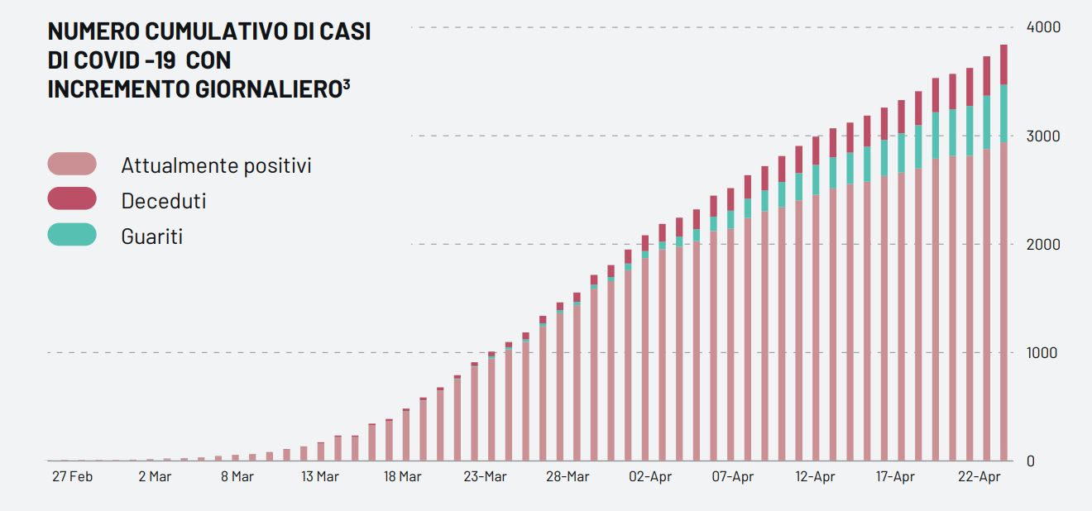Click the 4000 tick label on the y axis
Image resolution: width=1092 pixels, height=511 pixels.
pos(1043,27)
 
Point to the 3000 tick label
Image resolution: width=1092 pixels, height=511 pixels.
pos(1043,136)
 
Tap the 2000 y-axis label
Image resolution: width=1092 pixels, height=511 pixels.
pos(1043,245)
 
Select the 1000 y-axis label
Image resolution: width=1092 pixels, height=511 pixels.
pos(1043,353)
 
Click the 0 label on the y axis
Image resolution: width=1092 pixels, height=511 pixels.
pos(1031,461)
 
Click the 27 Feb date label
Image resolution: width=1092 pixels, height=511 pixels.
pos(72,477)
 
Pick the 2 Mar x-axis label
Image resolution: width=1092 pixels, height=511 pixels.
pos(155,477)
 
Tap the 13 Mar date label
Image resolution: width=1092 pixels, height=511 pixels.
pos(320,477)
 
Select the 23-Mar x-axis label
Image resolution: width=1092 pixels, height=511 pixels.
pos(485,477)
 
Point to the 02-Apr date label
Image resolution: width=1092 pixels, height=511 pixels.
pos(649,477)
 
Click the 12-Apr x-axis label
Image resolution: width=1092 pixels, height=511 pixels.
pos(815,477)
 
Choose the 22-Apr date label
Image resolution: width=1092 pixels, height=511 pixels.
pos(979,477)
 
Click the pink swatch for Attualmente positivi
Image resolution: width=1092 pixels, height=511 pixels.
pos(72,164)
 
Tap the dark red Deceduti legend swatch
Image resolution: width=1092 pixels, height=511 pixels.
pos(72,199)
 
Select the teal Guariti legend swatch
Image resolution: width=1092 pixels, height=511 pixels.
pos(72,235)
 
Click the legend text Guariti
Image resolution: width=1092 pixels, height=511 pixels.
pos(151,236)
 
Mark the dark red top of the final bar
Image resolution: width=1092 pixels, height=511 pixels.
pos(1003,64)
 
